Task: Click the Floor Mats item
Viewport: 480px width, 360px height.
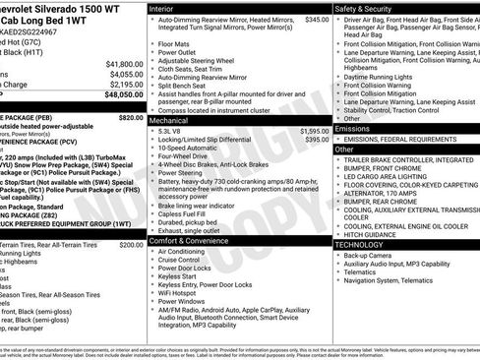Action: (x=176, y=44)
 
